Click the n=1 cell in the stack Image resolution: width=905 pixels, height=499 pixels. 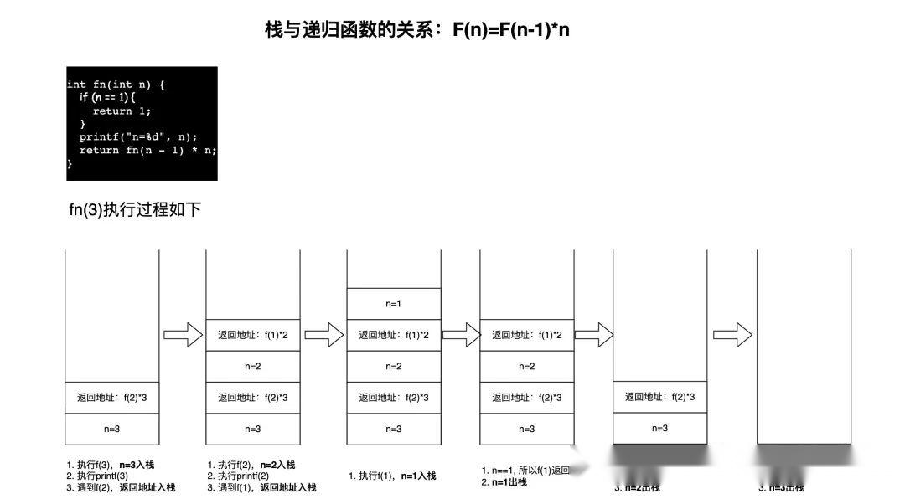click(x=393, y=303)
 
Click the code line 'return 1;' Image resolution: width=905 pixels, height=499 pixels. click(x=122, y=111)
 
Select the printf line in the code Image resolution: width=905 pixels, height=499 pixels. click(x=137, y=136)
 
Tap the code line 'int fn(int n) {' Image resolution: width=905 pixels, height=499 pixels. click(x=116, y=84)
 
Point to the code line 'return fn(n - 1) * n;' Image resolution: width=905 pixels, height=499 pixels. click(x=147, y=150)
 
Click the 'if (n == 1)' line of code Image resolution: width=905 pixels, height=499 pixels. click(x=113, y=97)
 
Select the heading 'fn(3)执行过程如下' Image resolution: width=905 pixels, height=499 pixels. click(x=135, y=210)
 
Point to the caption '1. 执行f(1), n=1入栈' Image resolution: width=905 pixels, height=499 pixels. click(x=392, y=476)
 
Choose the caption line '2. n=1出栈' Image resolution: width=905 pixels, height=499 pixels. click(x=504, y=482)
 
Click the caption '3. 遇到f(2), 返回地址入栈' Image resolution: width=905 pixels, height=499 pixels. click(x=121, y=487)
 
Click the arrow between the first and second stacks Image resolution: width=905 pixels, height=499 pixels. click(x=183, y=336)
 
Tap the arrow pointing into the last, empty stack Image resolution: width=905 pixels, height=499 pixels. click(x=732, y=336)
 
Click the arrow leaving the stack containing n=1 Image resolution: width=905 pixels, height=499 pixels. click(x=460, y=336)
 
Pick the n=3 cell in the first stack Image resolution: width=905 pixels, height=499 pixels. click(x=111, y=429)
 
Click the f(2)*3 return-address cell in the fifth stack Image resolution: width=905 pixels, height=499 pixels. click(x=659, y=397)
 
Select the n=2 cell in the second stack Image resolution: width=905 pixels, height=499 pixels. click(x=252, y=366)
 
